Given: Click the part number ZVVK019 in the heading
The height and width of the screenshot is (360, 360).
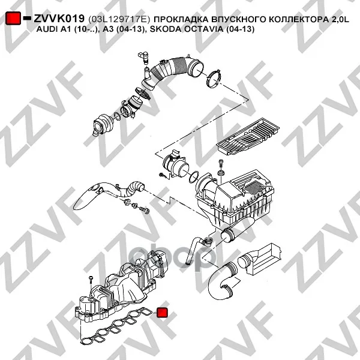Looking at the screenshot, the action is [x=59, y=19].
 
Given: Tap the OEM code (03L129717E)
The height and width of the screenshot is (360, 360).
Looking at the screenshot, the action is [x=119, y=19].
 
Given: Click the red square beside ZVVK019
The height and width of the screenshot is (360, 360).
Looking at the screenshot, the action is [x=13, y=18].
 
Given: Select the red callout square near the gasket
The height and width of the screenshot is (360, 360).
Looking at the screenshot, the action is [x=162, y=313].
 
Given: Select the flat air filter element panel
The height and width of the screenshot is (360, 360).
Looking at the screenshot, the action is [x=248, y=136].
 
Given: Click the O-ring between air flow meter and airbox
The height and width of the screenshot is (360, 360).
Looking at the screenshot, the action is [x=194, y=177].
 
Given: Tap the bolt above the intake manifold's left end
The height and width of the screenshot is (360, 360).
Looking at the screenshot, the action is [x=91, y=281].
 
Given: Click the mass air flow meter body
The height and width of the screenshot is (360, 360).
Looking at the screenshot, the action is [x=175, y=164].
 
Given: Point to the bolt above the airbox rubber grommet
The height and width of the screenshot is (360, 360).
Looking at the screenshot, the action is [x=221, y=164].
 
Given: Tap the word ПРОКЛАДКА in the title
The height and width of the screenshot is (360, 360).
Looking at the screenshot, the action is [x=180, y=20].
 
